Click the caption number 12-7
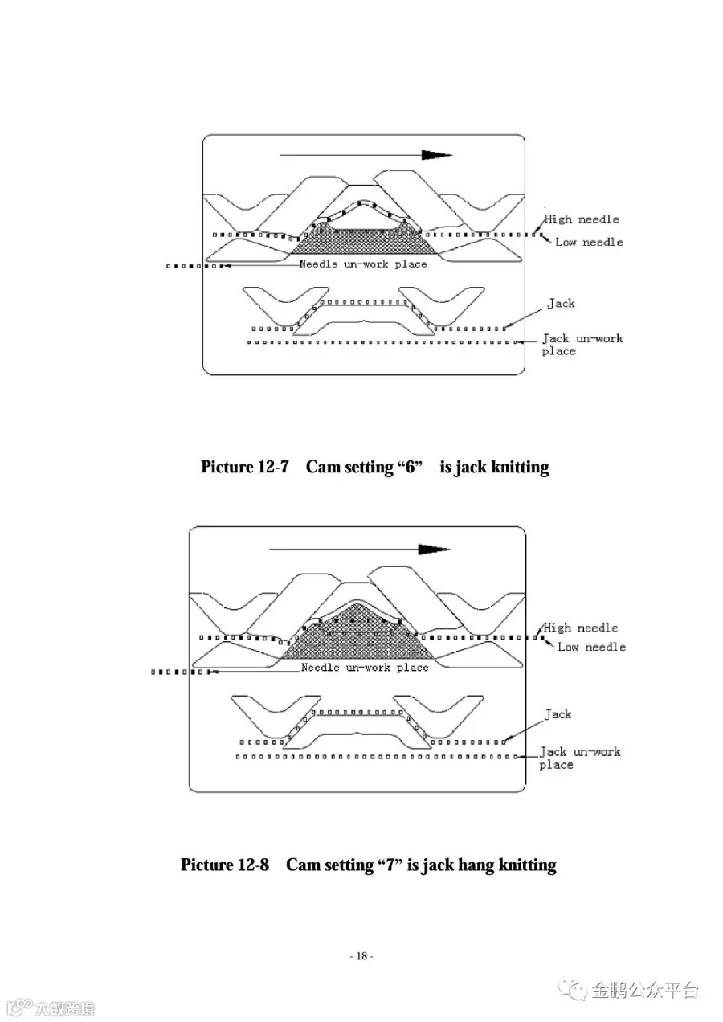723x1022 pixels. point(272,468)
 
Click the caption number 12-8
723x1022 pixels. point(253,865)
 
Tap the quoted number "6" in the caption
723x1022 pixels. point(410,468)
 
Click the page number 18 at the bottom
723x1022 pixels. point(361,956)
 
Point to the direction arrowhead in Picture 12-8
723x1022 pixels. point(434,549)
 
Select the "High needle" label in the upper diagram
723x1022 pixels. point(582,219)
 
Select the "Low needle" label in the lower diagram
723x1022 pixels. point(591,647)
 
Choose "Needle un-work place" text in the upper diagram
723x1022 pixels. point(363,264)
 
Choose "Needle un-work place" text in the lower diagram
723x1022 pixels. point(365,668)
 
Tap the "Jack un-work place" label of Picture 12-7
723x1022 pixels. point(582,345)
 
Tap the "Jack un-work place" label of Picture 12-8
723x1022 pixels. point(579,758)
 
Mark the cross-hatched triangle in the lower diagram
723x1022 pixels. point(353,639)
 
